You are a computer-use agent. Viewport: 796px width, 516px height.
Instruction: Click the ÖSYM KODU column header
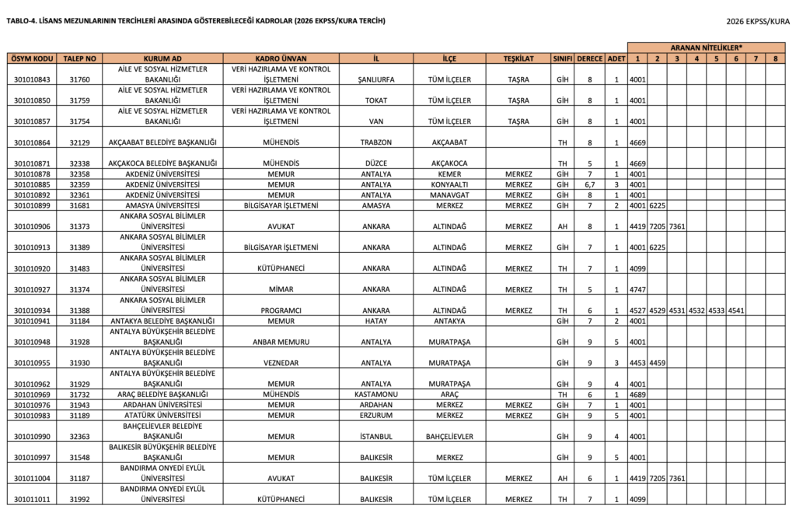(x=33, y=58)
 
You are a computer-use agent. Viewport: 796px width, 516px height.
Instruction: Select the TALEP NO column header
(x=79, y=58)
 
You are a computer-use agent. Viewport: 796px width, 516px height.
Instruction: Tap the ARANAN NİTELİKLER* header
(x=707, y=47)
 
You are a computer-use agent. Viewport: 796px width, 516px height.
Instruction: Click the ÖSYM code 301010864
(x=33, y=142)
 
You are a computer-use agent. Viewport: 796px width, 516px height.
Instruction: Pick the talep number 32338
(x=79, y=163)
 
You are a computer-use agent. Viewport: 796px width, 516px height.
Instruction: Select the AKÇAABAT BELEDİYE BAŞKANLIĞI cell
(x=162, y=142)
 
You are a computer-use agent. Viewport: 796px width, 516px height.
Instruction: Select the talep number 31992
(x=79, y=500)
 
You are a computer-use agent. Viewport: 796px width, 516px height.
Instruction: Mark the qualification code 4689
(x=637, y=395)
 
